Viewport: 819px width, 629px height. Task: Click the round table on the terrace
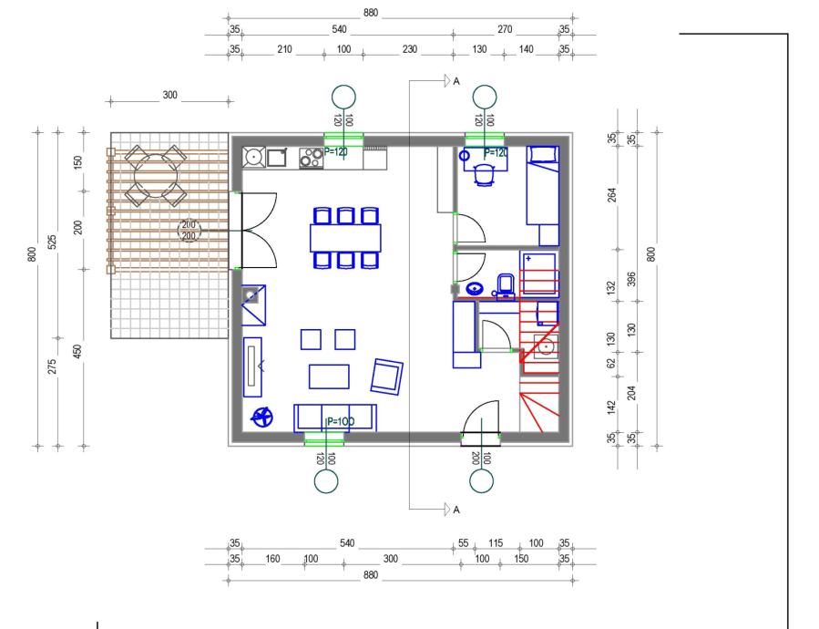(x=156, y=176)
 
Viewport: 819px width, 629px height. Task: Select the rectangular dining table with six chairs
(x=345, y=239)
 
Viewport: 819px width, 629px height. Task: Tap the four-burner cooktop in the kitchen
(x=311, y=158)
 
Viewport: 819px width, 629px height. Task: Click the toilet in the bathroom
(x=505, y=285)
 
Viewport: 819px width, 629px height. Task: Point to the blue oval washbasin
(x=474, y=289)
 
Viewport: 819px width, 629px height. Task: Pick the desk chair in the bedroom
(x=484, y=175)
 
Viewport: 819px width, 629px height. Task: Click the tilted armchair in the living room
(x=386, y=376)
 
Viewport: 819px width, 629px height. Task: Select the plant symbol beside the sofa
(x=262, y=417)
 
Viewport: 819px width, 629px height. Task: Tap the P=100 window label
(x=341, y=421)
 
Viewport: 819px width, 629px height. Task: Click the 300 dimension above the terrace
(x=169, y=95)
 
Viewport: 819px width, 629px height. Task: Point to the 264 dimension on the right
(x=611, y=195)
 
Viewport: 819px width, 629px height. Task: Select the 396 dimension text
(x=631, y=279)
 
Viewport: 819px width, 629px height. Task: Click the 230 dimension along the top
(x=410, y=49)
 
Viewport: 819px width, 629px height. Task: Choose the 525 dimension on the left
(x=52, y=242)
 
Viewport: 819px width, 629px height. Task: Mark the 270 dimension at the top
(x=505, y=29)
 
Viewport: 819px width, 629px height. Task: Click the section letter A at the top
(x=456, y=81)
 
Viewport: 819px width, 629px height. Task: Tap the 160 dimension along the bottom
(x=272, y=559)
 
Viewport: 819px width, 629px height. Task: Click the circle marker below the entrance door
(x=481, y=481)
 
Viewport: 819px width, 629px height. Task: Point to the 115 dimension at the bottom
(x=496, y=542)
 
